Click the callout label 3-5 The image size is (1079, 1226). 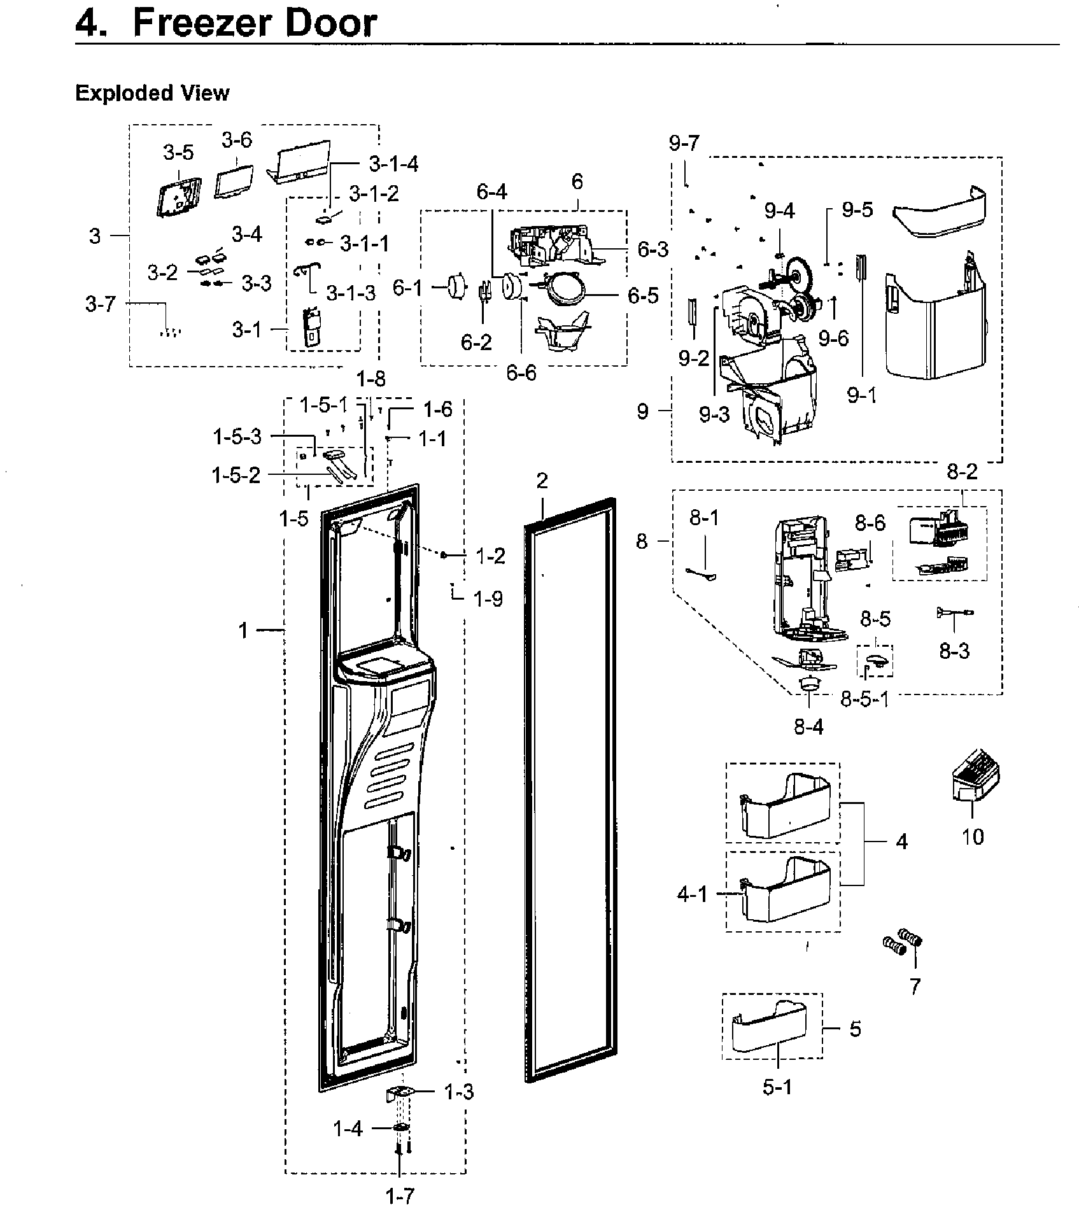click(178, 153)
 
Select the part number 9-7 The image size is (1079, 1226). click(684, 143)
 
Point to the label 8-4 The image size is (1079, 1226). click(808, 726)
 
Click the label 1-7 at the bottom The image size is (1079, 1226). click(400, 1197)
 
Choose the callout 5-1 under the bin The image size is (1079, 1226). click(777, 1087)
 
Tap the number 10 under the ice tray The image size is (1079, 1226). click(973, 836)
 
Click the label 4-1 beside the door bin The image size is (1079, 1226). click(693, 895)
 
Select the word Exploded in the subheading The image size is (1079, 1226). click(115, 94)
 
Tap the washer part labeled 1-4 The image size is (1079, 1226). click(402, 1129)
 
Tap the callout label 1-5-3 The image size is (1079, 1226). click(237, 437)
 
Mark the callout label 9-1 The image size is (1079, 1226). click(862, 395)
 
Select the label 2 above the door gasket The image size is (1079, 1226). click(542, 481)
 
